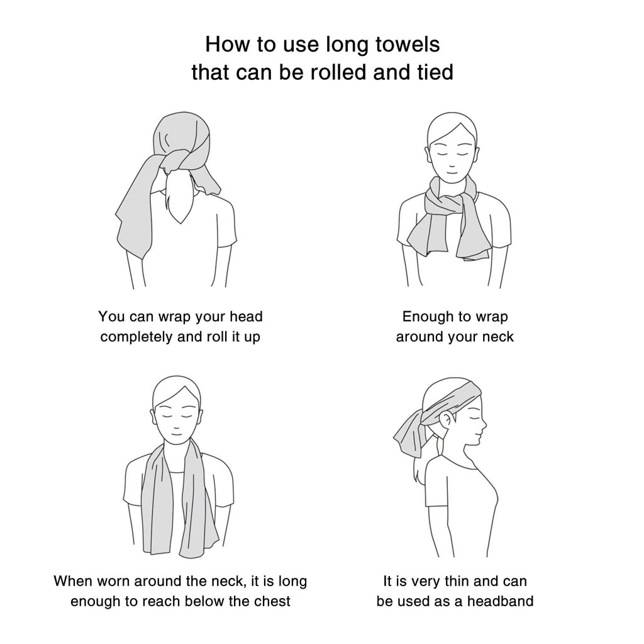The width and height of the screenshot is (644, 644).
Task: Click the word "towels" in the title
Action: coord(408,44)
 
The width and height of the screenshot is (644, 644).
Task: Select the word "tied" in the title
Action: coord(435,72)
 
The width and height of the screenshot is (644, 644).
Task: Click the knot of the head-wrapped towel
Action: coord(177,160)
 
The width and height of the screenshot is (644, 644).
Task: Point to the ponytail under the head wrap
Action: coord(180,197)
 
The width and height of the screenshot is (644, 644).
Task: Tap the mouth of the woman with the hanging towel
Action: coord(176,434)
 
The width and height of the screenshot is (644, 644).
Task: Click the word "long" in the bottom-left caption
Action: coord(292,582)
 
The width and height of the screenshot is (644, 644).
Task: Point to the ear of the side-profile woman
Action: coord(445,421)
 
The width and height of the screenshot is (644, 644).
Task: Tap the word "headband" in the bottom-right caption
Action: coord(500,601)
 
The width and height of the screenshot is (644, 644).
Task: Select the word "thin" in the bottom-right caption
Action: coord(458,581)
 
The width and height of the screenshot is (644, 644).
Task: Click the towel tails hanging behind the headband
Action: coord(411,435)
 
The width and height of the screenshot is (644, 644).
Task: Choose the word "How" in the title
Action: coord(225,44)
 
